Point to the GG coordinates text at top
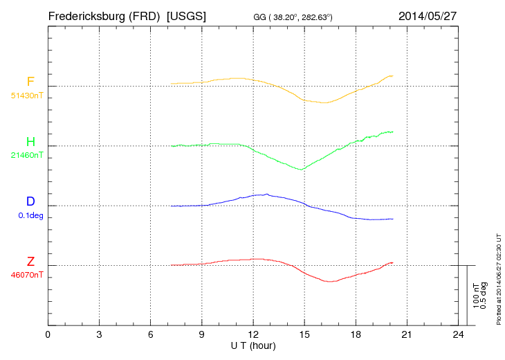pyautogui.click(x=294, y=17)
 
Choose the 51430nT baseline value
pyautogui.click(x=27, y=95)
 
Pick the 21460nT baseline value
pyautogui.click(x=27, y=155)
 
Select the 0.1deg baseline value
pyautogui.click(x=30, y=215)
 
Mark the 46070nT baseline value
pyautogui.click(x=27, y=275)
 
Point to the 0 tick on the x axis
pyautogui.click(x=48, y=336)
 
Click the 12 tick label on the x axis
pyautogui.click(x=253, y=336)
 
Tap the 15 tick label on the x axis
pyautogui.click(x=304, y=336)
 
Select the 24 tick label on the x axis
pyautogui.click(x=458, y=336)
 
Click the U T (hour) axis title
pyautogui.click(x=253, y=345)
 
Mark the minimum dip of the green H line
pyautogui.click(x=300, y=169)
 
